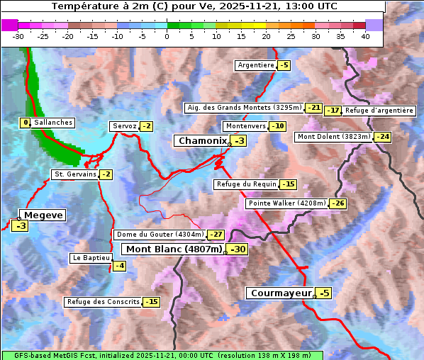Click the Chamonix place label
pyautogui.click(x=202, y=141)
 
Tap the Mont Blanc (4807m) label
pyautogui.click(x=174, y=249)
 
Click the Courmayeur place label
pyautogui.click(x=281, y=293)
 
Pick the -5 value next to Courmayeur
pyautogui.click(x=323, y=293)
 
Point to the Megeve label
pyautogui.click(x=43, y=215)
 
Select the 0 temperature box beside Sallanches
pyautogui.click(x=26, y=123)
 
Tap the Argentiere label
pyautogui.click(x=256, y=65)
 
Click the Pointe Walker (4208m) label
pyautogui.click(x=287, y=203)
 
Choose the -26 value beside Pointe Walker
pyautogui.click(x=337, y=203)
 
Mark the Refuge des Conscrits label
pyautogui.click(x=103, y=302)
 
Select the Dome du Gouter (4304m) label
pyautogui.click(x=160, y=235)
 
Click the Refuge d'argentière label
pyautogui.click(x=379, y=111)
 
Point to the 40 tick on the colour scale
pyautogui.click(x=365, y=36)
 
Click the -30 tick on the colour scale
pyautogui.click(x=18, y=36)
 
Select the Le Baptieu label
pyautogui.click(x=90, y=259)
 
